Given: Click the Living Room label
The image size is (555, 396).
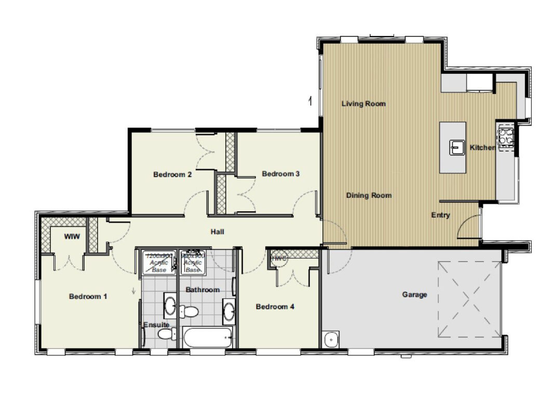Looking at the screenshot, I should point(363,104).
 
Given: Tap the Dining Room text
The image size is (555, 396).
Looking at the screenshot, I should point(369,196).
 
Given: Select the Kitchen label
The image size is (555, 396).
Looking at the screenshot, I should point(482,148).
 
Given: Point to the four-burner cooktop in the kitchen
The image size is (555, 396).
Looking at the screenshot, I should point(506,137).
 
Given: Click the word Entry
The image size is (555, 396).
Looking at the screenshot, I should point(441,215).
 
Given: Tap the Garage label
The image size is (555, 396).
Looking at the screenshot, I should point(414,295).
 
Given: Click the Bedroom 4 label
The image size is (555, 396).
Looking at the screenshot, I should point(275,307).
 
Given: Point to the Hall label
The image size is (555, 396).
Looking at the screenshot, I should point(218,231).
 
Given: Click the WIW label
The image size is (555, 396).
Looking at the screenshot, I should point(71,237).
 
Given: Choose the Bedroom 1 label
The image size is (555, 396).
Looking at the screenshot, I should point(88,297).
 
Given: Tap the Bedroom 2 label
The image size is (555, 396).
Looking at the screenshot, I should point(172,175).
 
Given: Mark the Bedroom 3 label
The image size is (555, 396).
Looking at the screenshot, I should point(280,174).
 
